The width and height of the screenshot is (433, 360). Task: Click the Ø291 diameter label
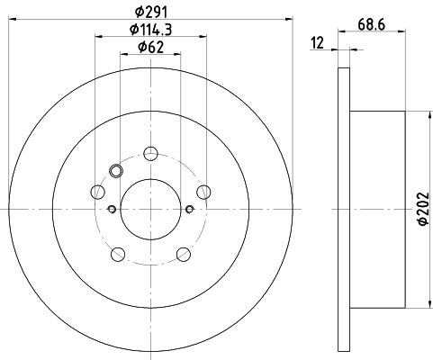pyautogui.click(x=150, y=13)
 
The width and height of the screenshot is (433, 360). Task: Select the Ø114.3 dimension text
pyautogui.click(x=150, y=30)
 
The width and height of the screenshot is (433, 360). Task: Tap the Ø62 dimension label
pyautogui.click(x=150, y=47)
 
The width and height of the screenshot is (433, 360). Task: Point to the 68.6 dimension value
pyautogui.click(x=371, y=24)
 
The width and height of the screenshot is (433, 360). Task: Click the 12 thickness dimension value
pyautogui.click(x=318, y=43)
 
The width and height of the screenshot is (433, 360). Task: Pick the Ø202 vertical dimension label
pyautogui.click(x=423, y=209)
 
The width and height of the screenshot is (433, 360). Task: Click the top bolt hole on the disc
pyautogui.click(x=150, y=154)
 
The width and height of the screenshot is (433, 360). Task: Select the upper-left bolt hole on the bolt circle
pyautogui.click(x=97, y=192)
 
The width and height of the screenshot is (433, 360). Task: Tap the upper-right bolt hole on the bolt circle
pyautogui.click(x=203, y=192)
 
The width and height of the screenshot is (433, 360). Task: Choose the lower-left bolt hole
pyautogui.click(x=118, y=255)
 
